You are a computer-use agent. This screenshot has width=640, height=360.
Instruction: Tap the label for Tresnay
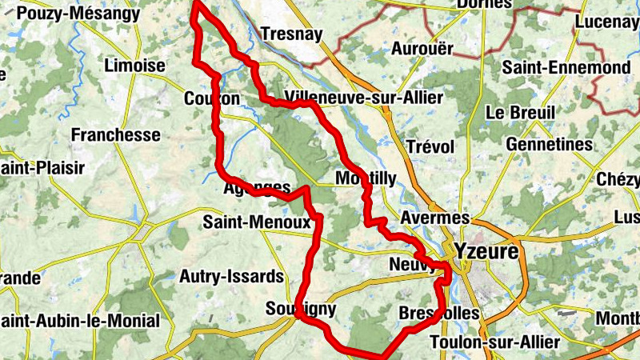pos(291,34)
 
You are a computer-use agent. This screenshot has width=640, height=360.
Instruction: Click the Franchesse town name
pos(116,134)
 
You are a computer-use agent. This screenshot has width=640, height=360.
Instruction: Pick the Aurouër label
pos(422,48)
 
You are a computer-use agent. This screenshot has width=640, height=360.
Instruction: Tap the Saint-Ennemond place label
pos(566,68)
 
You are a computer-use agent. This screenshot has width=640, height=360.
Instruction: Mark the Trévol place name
pos(430,147)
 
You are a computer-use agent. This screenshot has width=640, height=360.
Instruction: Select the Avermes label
pos(434,218)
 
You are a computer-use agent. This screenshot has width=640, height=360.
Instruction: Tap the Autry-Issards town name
pos(231,277)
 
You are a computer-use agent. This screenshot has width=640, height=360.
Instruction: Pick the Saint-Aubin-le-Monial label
pos(80,321)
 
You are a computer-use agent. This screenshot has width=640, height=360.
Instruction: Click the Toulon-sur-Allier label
pos(494,342)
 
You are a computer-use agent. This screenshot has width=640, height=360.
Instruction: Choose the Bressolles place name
pos(438,313)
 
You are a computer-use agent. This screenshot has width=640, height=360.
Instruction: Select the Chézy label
pos(618,178)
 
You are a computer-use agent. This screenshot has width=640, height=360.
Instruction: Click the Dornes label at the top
pos(483,4)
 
